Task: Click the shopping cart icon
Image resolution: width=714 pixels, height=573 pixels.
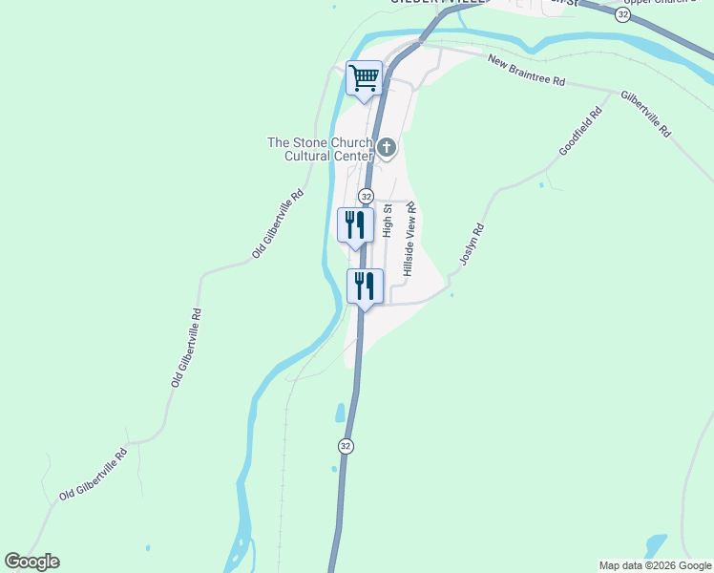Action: (x=364, y=77)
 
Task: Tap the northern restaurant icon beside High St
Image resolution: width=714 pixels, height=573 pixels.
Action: (x=355, y=224)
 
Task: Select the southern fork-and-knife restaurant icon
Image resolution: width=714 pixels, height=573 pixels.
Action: (x=365, y=286)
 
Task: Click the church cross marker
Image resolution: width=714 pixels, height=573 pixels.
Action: (x=387, y=147)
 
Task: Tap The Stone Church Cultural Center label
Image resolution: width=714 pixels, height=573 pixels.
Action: (x=320, y=149)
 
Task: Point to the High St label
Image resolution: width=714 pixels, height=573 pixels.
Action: (x=388, y=220)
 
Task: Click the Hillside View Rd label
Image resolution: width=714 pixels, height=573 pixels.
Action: (x=410, y=239)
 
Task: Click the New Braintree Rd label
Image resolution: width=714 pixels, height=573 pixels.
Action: (x=526, y=72)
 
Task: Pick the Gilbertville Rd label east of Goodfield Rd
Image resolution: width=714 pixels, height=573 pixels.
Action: (x=646, y=115)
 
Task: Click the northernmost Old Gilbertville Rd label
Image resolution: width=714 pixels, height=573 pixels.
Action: (x=278, y=223)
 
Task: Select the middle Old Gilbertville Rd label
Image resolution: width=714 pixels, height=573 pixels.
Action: (x=187, y=347)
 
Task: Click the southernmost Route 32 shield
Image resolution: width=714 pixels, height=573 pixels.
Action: (x=346, y=446)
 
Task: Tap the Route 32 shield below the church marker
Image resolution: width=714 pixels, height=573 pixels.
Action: (x=366, y=195)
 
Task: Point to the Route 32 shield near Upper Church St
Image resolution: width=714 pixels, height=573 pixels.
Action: (x=623, y=15)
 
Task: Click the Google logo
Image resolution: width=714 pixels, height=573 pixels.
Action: (x=31, y=562)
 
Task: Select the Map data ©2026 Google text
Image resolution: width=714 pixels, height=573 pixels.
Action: (x=655, y=565)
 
